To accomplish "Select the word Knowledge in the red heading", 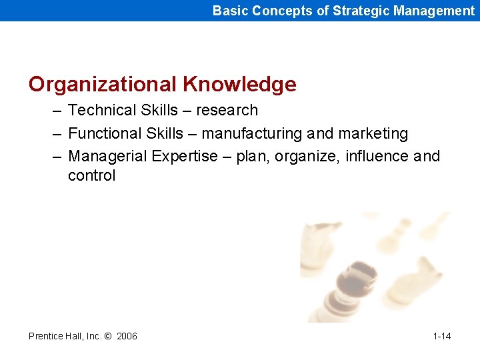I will [x=239, y=85].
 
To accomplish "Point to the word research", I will [x=228, y=110].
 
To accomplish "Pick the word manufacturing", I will [x=252, y=133].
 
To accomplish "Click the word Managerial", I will [x=107, y=156].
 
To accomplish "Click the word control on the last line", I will [x=91, y=176].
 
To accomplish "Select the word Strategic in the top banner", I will [x=361, y=11].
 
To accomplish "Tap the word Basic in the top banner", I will [x=229, y=11].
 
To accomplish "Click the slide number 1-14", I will [x=441, y=336].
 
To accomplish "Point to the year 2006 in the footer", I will [x=127, y=336].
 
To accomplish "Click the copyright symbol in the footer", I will [x=107, y=336].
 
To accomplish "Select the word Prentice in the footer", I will [x=46, y=336].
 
